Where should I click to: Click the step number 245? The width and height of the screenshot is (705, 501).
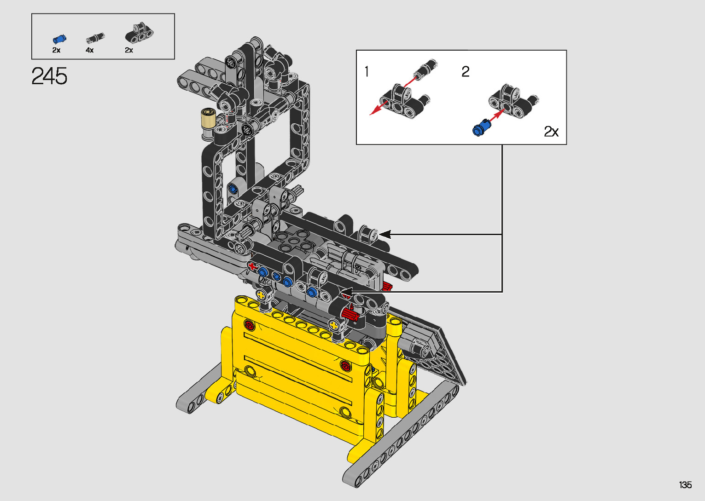pos(49,76)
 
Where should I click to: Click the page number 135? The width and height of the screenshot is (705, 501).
pos(686,484)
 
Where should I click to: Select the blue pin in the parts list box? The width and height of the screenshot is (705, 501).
pos(59,39)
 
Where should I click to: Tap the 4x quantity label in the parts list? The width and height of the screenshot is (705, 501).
pos(90,50)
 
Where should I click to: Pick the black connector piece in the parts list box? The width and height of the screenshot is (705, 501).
pos(139,33)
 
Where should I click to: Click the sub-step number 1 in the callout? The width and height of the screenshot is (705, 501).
pos(367,71)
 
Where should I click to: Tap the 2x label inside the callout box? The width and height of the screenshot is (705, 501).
pos(551,132)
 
